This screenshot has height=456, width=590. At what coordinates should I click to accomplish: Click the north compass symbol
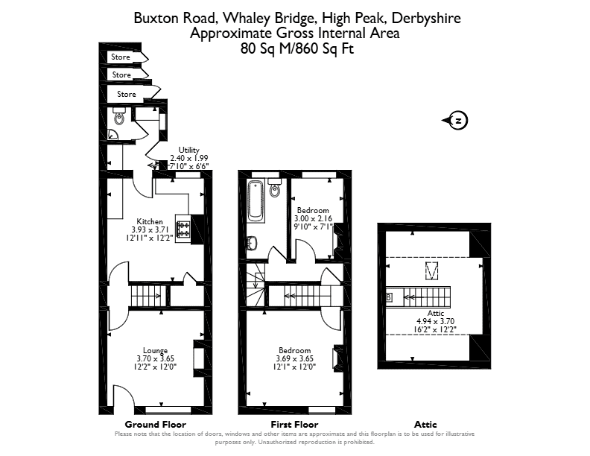455,121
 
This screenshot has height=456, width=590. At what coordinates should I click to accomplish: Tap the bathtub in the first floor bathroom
256,200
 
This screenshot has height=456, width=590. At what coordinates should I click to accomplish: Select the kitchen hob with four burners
183,229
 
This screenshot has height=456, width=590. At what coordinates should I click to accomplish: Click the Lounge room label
155,351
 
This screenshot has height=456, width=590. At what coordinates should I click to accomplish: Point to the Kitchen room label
150,221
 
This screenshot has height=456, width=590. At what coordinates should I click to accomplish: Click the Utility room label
189,150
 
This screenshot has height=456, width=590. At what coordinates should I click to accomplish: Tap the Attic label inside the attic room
436,313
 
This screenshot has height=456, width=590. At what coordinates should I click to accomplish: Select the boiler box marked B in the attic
389,297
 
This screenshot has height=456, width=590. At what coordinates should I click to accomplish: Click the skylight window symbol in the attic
431,271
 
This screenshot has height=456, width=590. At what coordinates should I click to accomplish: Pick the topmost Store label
121,57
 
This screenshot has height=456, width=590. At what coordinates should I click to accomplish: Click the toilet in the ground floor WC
119,116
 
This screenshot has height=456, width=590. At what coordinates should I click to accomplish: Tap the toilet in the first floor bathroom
275,188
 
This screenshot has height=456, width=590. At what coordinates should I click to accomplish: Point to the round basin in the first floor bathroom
252,243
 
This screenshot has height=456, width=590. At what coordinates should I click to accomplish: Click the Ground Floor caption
156,425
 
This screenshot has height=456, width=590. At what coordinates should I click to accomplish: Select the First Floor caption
294,425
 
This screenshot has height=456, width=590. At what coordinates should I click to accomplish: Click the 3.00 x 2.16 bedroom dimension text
313,218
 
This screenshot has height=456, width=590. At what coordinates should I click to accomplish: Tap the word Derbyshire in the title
426,18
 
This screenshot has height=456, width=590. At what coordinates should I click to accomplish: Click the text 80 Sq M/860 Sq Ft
297,49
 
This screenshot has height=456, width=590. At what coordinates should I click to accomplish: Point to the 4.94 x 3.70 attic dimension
435,321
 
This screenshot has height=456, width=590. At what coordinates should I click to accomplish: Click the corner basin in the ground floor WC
112,135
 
